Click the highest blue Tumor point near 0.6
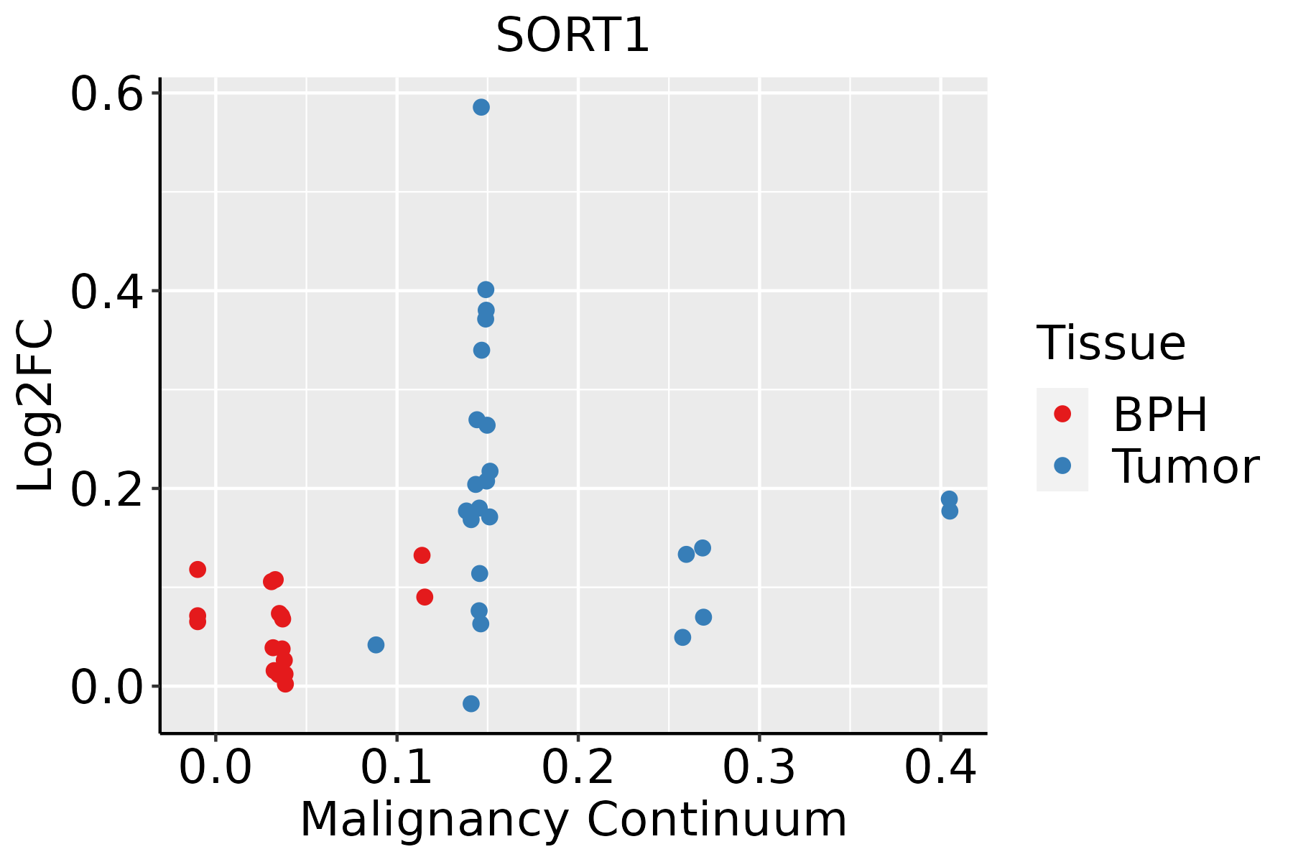click(x=481, y=107)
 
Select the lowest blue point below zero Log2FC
click(x=471, y=703)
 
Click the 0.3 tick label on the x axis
click(x=759, y=768)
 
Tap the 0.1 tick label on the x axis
click(x=397, y=768)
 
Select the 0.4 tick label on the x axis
click(x=940, y=768)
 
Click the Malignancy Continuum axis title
click(x=573, y=820)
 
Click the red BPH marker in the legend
click(x=1062, y=414)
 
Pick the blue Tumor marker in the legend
click(x=1062, y=465)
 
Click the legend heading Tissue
click(x=1111, y=343)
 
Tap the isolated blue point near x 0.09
click(x=376, y=644)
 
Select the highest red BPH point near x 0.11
click(x=422, y=555)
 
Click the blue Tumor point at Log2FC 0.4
click(x=486, y=289)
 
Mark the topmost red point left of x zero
click(x=198, y=569)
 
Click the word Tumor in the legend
click(x=1185, y=467)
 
